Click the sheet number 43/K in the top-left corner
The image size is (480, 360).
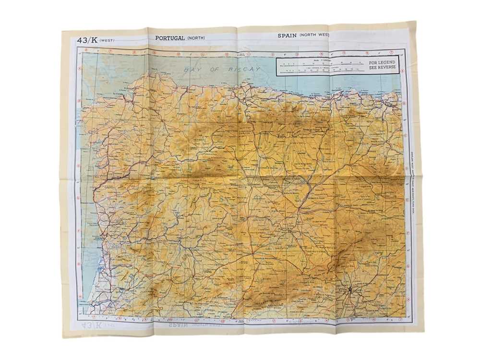coord(87,41)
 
